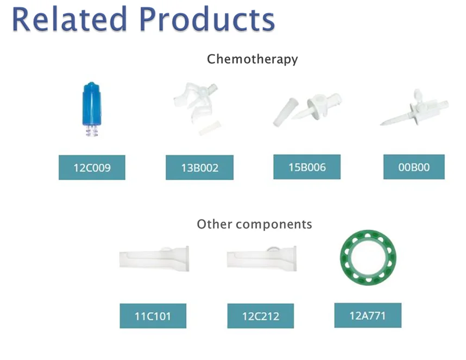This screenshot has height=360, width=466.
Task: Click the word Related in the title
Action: click(65, 20)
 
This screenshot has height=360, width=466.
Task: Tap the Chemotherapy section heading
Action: click(253, 59)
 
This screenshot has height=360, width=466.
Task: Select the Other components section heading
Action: click(254, 224)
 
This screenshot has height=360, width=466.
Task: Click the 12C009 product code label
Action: click(92, 167)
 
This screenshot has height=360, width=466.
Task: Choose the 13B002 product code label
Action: click(199, 168)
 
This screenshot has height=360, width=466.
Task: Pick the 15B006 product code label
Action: click(307, 167)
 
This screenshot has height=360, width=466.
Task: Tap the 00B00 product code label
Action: click(414, 167)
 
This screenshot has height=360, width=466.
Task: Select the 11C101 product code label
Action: click(153, 316)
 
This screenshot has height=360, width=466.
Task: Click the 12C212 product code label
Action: click(260, 316)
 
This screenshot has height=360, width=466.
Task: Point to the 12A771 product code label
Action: click(368, 315)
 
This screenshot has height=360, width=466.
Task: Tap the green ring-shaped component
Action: click(368, 257)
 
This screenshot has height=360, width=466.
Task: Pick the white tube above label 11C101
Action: click(154, 259)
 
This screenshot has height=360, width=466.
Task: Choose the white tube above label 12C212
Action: click(261, 259)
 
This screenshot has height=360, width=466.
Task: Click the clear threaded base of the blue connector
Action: click(92, 130)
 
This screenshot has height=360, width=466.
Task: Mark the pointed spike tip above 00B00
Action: click(383, 123)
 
